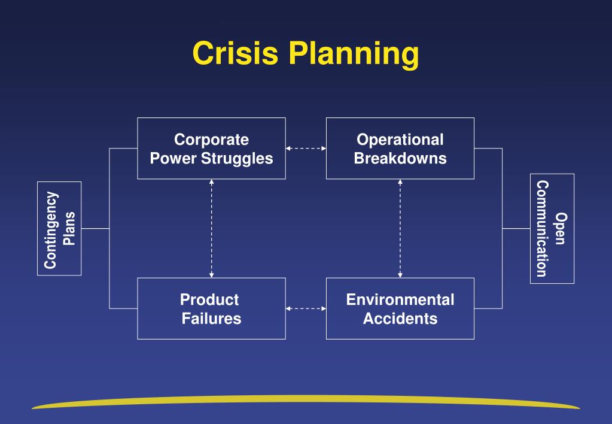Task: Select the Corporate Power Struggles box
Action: [x=211, y=148]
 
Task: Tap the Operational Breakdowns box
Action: [x=400, y=148]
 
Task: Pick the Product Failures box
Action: [x=211, y=308]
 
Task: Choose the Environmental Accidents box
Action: [x=400, y=308]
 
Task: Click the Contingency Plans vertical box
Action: [x=59, y=228]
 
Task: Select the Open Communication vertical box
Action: [x=552, y=228]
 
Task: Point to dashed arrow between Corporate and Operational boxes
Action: [x=306, y=148]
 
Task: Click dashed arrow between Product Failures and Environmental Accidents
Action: [x=306, y=308]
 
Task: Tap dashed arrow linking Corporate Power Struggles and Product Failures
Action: [x=211, y=228]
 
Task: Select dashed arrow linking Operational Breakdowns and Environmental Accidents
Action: [x=400, y=228]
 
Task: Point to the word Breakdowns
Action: [x=400, y=159]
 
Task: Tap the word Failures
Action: [x=211, y=319]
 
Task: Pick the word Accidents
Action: [x=400, y=319]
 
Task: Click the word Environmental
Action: [x=400, y=299]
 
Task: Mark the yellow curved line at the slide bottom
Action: [x=306, y=399]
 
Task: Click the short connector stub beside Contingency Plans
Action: [x=95, y=228]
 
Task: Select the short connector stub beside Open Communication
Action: [x=516, y=228]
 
